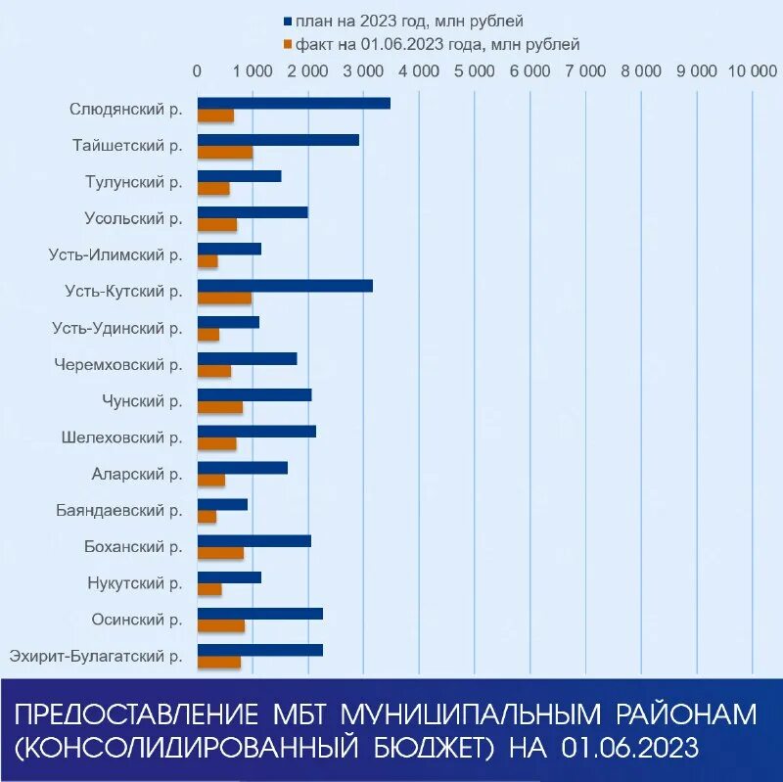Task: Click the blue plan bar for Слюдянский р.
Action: coord(294,103)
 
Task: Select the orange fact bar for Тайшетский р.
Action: coord(225,152)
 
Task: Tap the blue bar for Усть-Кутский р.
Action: coord(285,285)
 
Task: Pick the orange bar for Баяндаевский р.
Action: coord(207,516)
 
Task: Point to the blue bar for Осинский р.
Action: coord(259,613)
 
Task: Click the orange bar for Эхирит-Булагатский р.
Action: coord(219,663)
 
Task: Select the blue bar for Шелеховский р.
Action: coord(256,431)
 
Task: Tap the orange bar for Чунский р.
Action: coord(220,407)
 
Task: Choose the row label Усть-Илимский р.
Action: coord(115,254)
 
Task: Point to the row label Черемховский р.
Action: coord(118,364)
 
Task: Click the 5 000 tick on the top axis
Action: coord(475,71)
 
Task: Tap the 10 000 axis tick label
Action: coord(749,71)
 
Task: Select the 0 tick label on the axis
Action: coord(198,71)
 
